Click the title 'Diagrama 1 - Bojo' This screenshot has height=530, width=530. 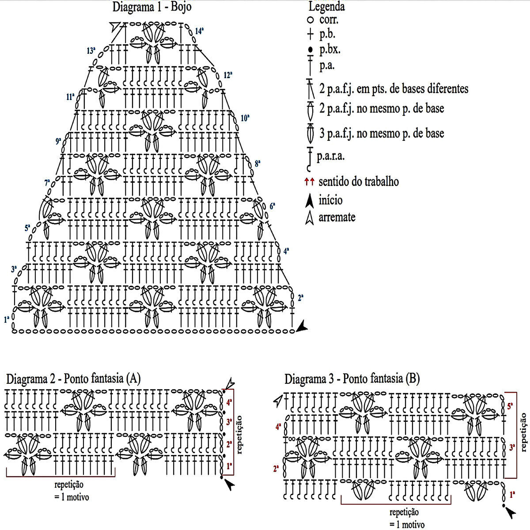click(x=152, y=7)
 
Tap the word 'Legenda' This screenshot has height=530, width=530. click(x=326, y=7)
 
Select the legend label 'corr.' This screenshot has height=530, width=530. click(x=329, y=20)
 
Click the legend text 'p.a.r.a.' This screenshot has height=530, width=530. click(x=330, y=156)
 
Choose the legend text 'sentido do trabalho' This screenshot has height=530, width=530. click(x=358, y=182)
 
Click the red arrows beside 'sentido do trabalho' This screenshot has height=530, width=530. click(x=309, y=181)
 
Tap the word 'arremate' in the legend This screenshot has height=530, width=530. click(x=337, y=217)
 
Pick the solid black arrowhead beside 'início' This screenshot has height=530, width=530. click(x=310, y=200)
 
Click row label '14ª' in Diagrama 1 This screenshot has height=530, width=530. click(x=199, y=31)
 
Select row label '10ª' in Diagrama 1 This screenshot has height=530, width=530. click(x=245, y=118)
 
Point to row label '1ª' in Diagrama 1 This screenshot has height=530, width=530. click(x=7, y=319)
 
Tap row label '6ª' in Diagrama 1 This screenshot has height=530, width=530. click(x=273, y=206)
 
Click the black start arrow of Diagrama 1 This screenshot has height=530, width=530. click(x=302, y=327)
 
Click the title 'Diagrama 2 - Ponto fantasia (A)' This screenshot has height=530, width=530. click(x=73, y=379)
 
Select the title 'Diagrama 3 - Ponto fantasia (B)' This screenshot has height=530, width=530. click(x=352, y=379)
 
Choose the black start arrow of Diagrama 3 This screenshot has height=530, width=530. click(x=510, y=512)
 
